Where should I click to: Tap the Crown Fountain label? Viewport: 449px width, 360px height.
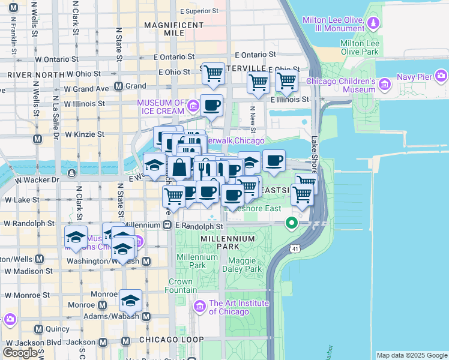180,286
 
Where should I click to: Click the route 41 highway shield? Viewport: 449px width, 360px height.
294,247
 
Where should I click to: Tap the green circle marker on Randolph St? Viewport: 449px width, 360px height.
292,224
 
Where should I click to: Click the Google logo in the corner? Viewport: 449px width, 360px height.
20,353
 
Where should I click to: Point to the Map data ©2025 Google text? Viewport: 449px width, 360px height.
412,355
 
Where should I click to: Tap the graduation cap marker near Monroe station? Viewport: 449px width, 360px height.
130,301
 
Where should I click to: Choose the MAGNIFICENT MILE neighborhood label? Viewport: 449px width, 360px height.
172,28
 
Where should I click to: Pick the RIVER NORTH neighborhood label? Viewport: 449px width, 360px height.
35,75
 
